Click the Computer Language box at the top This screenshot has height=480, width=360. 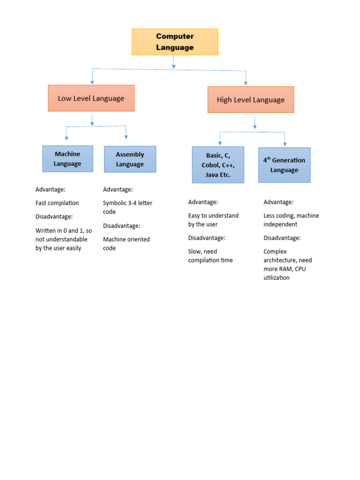click(175, 42)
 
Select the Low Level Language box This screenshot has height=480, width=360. click(91, 98)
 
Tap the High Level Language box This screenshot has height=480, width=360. click(251, 99)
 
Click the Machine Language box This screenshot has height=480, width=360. click(67, 158)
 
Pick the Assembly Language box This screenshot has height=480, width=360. click(130, 159)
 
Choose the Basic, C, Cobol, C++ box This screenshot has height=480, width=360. click(218, 164)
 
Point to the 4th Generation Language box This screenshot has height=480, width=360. click(284, 165)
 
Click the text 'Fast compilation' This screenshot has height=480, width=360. click(57, 203)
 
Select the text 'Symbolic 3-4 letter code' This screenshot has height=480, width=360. click(127, 207)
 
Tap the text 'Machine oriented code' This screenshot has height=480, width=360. click(126, 243)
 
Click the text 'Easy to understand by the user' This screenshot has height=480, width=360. click(213, 220)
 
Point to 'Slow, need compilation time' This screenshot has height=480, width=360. click(210, 255)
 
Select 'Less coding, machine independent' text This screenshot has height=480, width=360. click(291, 220)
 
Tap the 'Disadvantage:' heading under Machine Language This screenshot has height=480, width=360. click(54, 217)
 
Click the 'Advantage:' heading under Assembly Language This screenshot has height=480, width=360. click(118, 189)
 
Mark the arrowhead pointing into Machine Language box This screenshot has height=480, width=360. click(67, 138)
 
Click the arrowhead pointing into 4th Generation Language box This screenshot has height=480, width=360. click(285, 144)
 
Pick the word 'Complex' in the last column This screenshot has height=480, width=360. click(275, 251)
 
